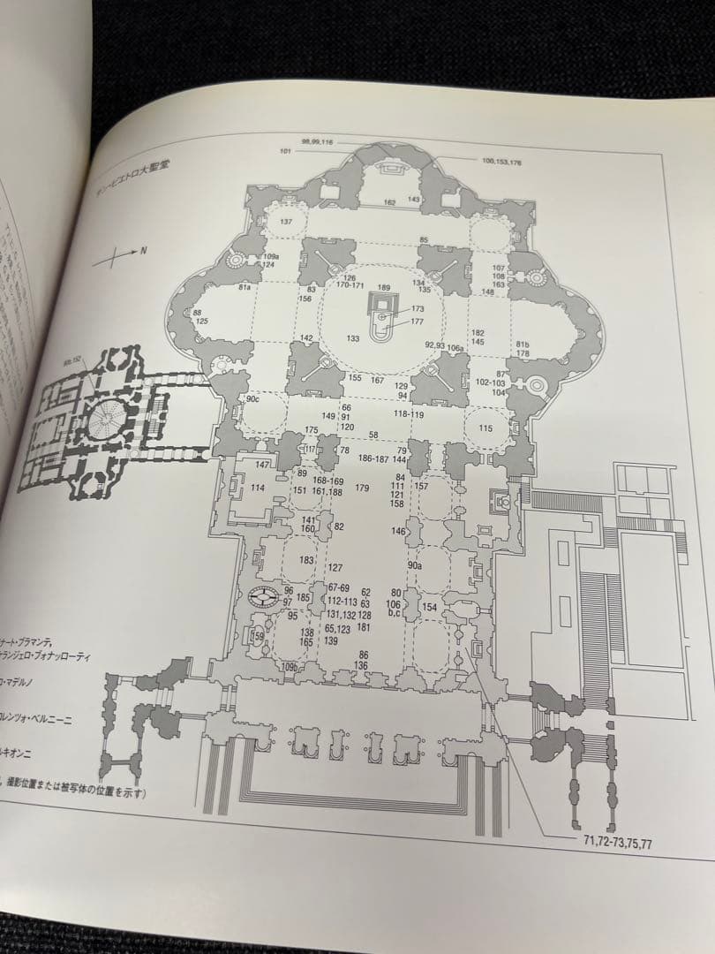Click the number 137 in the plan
point(285,221)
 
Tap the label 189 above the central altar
point(383,288)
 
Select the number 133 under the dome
point(353,338)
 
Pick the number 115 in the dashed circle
point(485,428)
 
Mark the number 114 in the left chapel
point(258,488)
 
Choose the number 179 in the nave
point(362,488)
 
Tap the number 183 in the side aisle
point(306,560)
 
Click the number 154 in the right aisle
point(429,607)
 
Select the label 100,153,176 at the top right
point(502,162)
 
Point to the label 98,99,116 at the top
point(317,141)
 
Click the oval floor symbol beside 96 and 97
point(263,597)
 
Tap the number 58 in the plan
point(373,435)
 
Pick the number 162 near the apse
point(389,203)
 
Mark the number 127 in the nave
point(335,568)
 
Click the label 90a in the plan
point(415,565)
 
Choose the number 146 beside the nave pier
point(399,532)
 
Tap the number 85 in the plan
point(424,239)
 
